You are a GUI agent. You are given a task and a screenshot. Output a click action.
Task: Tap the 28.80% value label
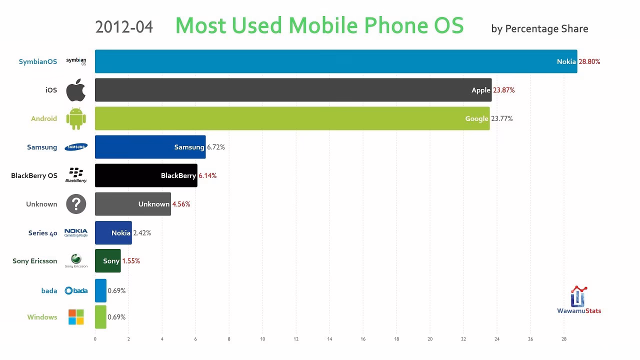[589, 61]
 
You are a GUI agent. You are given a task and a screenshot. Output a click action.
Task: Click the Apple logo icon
[76, 90]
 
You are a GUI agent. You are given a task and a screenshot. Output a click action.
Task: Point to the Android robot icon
[76, 118]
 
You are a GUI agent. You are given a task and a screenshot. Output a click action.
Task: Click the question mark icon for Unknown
[76, 204]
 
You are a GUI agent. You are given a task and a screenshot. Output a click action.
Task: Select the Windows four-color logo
[76, 317]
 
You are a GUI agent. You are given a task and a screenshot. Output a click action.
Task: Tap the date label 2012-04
[124, 27]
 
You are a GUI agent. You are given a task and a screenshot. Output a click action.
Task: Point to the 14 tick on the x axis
[329, 339]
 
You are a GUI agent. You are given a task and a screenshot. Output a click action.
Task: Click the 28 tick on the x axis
[564, 339]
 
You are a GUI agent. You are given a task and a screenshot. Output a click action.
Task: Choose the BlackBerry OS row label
[34, 175]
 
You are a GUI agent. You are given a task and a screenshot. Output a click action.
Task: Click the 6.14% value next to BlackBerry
[207, 175]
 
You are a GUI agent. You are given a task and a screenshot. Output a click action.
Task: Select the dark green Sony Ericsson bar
[107, 261]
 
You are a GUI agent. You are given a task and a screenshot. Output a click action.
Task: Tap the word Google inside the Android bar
[476, 118]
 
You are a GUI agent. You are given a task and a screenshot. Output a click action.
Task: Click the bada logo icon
[76, 290]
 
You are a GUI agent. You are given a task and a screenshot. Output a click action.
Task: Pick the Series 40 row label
[42, 233]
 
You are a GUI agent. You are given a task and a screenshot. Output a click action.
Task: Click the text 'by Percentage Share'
[539, 28]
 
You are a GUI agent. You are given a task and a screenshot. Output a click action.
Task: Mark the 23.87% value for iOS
[503, 90]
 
